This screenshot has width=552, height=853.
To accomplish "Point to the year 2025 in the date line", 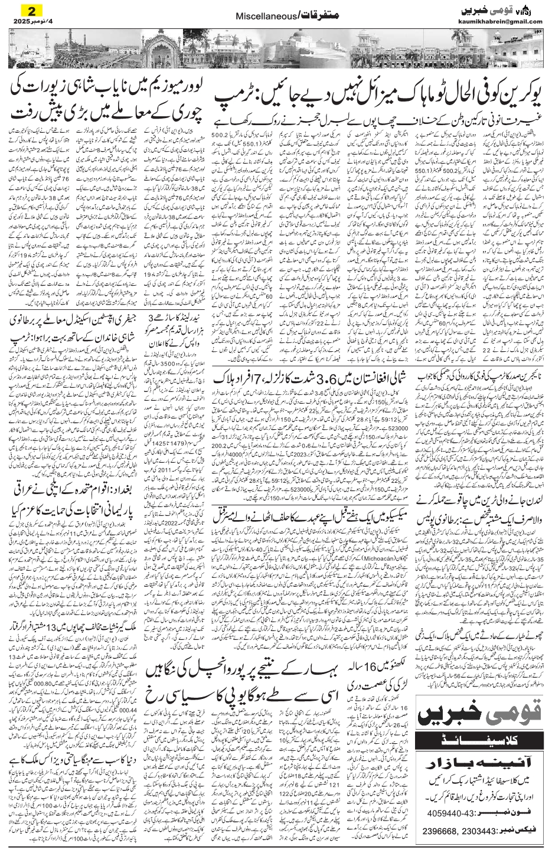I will [15, 21].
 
